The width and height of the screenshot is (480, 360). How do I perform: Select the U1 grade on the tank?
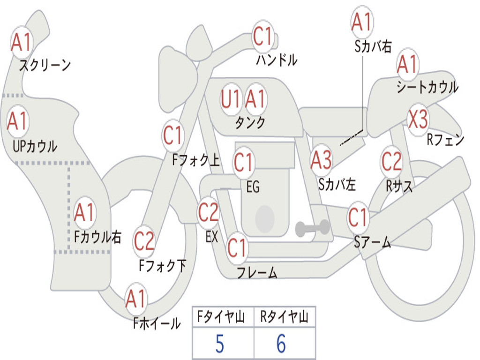point(231,99)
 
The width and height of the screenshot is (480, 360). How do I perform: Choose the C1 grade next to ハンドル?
point(262,36)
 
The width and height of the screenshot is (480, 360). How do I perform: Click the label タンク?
point(250,122)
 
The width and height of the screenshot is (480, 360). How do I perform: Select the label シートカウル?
point(427,88)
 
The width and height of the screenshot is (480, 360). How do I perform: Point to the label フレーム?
point(256,272)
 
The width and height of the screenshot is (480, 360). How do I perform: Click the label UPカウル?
point(34,147)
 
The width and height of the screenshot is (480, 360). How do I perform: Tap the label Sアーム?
point(372,242)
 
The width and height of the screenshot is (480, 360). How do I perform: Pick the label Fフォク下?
point(163,266)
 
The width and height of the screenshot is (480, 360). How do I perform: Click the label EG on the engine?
point(253,187)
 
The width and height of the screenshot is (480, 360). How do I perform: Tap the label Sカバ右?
point(373,47)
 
